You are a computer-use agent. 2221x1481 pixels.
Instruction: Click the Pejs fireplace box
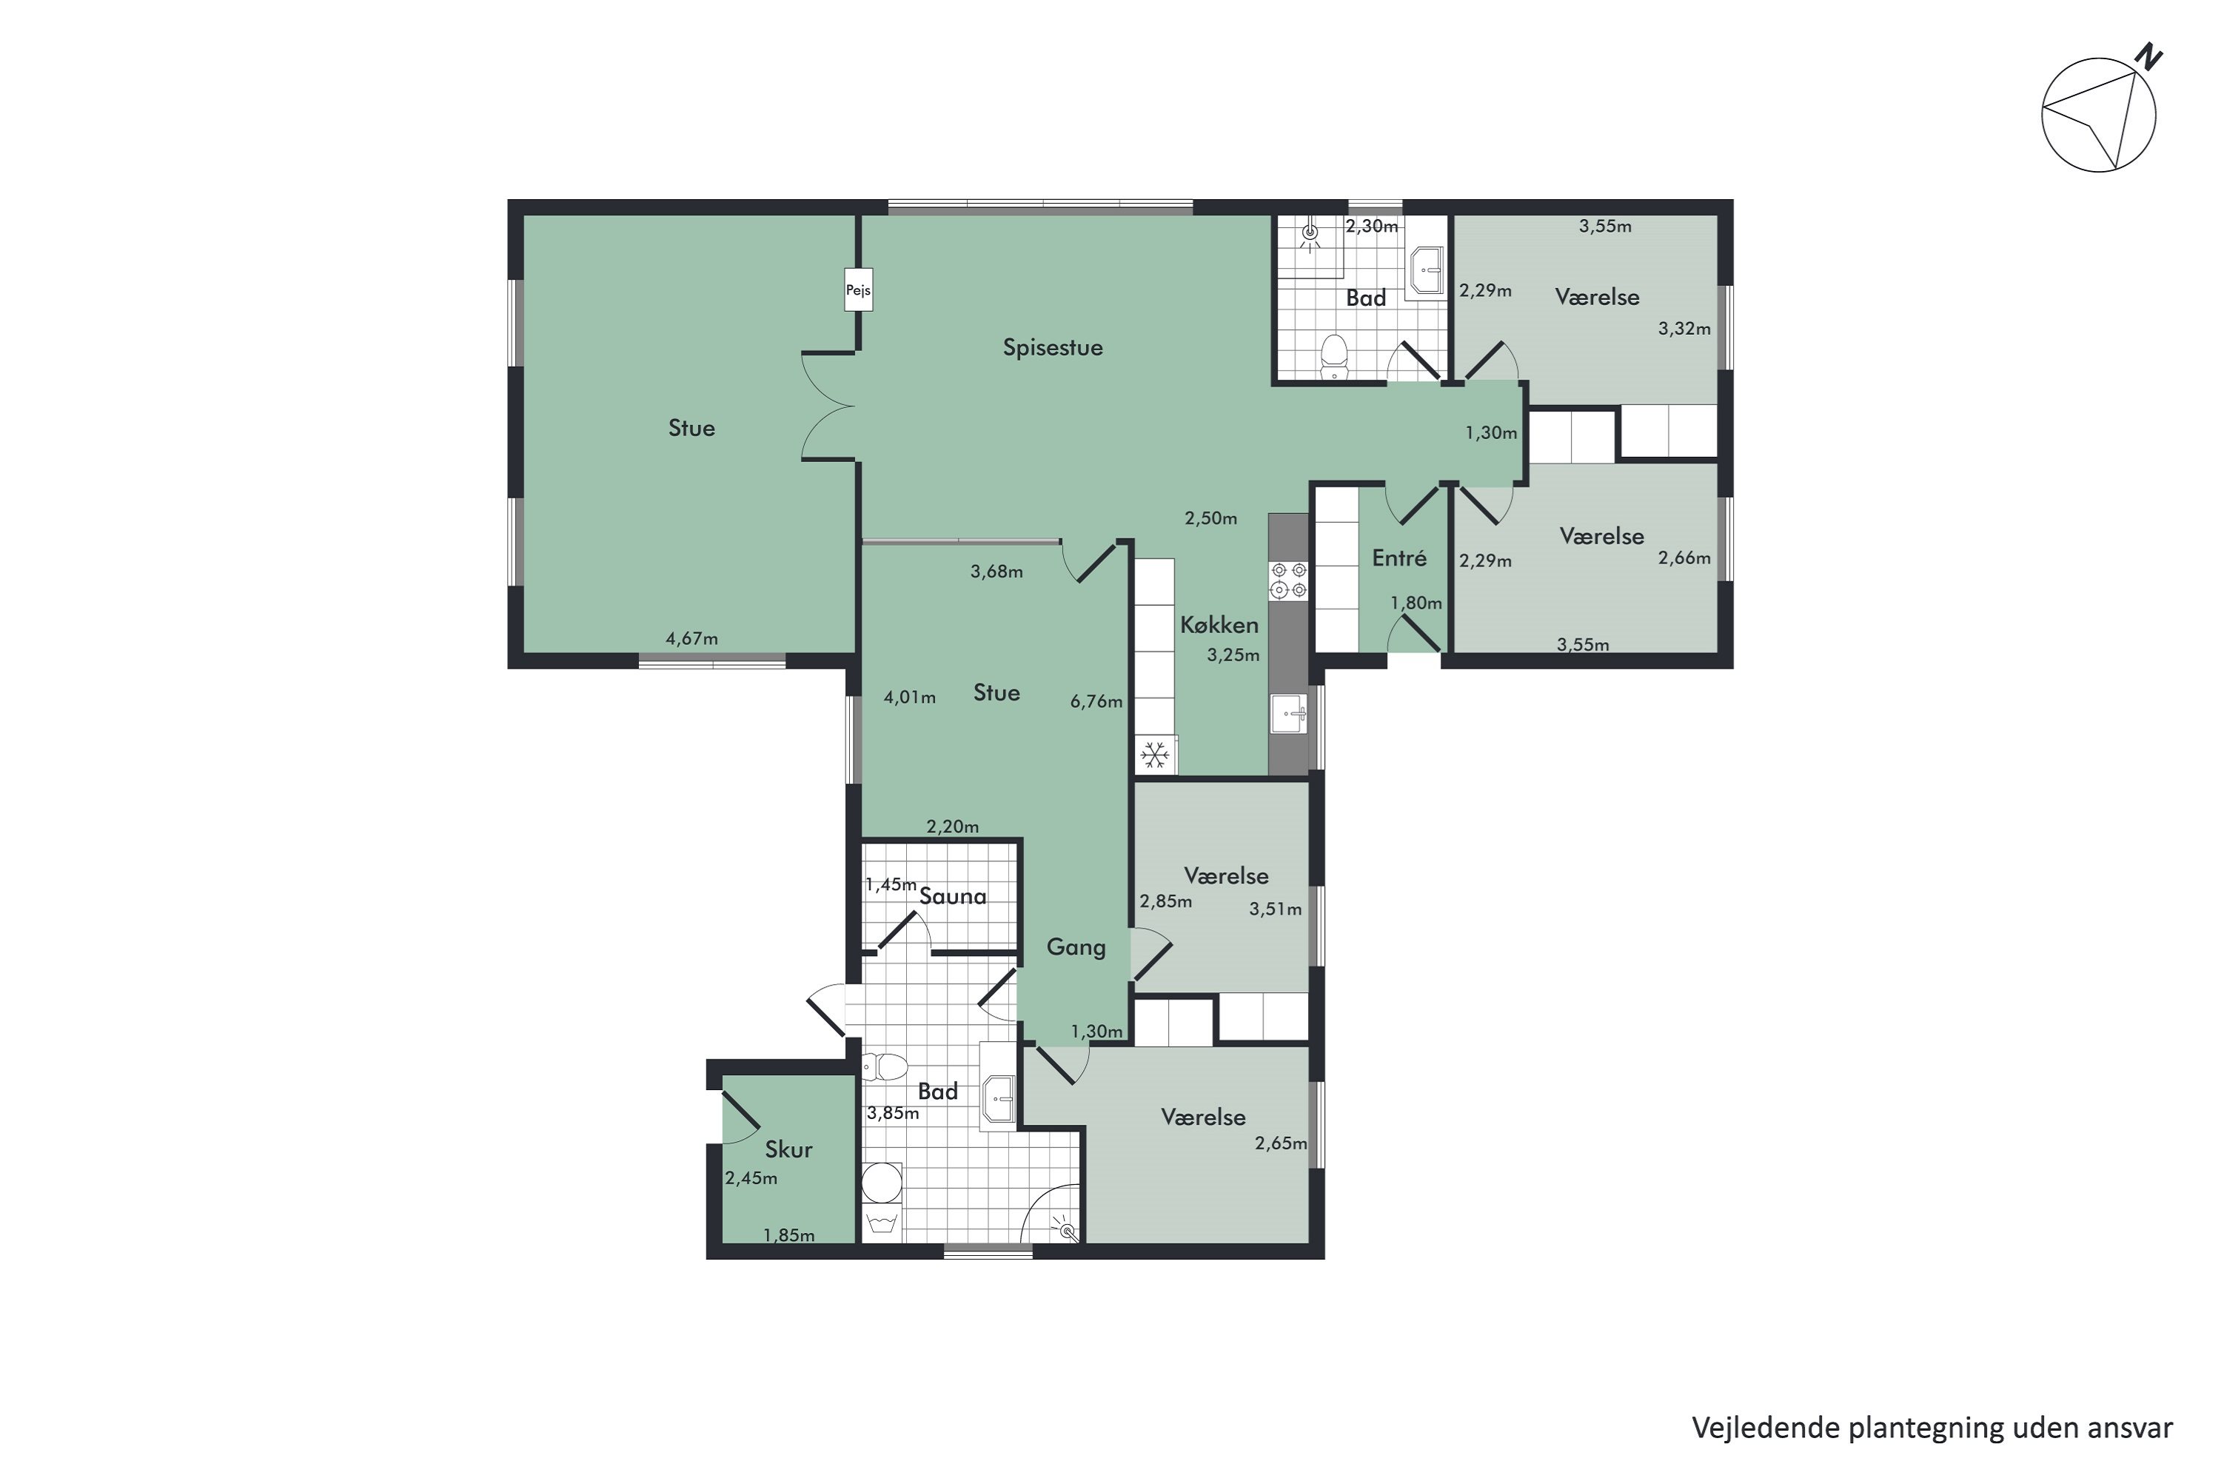(857, 290)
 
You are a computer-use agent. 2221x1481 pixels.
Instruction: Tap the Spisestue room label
(1052, 347)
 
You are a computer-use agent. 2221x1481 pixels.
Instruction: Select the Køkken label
(1219, 624)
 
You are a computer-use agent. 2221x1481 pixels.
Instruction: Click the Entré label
(1398, 558)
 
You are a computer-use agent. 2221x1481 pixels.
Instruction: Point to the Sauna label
(953, 896)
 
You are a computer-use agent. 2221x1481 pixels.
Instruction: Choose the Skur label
(788, 1149)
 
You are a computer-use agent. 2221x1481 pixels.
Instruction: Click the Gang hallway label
(1076, 947)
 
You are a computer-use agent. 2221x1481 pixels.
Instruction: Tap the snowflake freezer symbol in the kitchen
(1155, 755)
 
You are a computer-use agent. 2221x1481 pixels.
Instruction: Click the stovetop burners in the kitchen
(1289, 580)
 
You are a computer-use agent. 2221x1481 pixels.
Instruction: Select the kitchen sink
(1289, 713)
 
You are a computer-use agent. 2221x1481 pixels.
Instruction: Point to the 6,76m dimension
(1096, 702)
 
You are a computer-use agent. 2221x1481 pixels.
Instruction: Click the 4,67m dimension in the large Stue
(692, 638)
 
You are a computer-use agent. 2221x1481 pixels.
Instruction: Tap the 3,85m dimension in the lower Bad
(894, 1113)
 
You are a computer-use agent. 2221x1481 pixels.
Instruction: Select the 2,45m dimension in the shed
(751, 1178)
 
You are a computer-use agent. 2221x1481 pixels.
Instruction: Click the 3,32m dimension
(1685, 329)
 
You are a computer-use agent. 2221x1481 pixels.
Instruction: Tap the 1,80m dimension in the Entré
(1416, 603)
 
